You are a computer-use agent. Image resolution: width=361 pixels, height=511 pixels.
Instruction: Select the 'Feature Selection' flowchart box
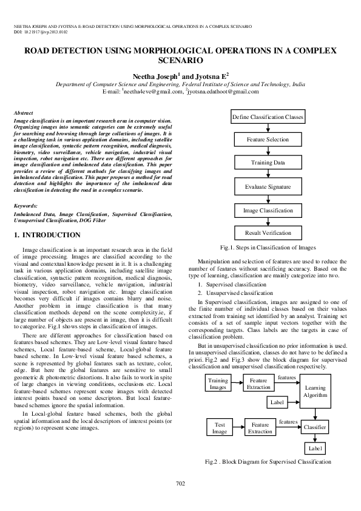point(268,140)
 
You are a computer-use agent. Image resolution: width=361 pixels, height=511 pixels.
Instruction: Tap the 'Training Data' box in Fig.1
point(268,163)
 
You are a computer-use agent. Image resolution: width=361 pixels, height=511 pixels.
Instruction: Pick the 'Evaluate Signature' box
point(268,187)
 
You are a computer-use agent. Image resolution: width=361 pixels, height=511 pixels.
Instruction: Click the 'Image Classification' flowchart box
point(268,210)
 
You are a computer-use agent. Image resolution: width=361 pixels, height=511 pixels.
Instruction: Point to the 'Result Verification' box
point(268,233)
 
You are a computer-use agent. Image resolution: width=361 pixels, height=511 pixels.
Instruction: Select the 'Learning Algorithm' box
point(315,382)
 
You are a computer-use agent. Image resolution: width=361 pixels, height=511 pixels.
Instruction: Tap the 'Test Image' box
point(220,428)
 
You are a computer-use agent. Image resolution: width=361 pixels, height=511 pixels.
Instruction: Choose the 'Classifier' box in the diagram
point(315,428)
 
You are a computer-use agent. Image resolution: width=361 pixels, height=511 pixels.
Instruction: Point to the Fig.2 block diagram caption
point(268,462)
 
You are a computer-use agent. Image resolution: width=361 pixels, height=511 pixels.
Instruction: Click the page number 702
point(180,483)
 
